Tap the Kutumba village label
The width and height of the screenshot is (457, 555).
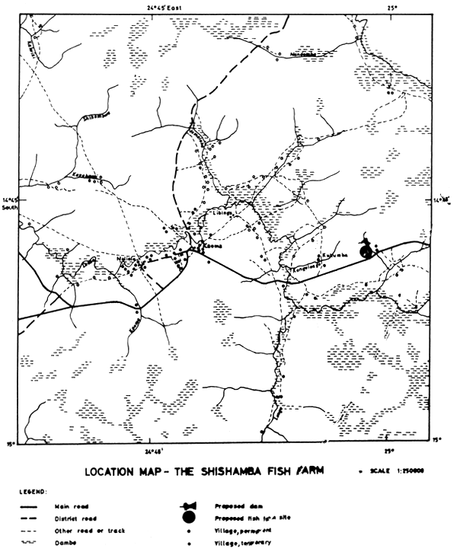point(334,257)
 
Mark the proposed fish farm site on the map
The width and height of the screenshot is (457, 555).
point(369,252)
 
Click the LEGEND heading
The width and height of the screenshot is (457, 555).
point(35,492)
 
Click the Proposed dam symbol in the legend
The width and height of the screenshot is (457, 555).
point(189,506)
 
